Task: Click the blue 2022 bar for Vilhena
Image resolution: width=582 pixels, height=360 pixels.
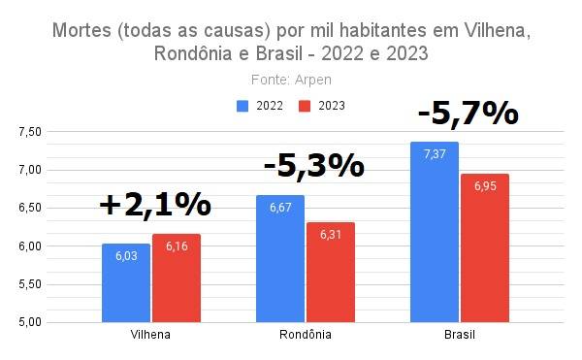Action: (x=126, y=282)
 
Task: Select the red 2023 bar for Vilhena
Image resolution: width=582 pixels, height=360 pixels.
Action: (x=177, y=278)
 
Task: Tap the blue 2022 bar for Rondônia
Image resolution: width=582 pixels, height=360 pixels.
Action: (x=280, y=259)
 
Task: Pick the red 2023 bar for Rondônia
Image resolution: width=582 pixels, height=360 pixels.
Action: (x=331, y=273)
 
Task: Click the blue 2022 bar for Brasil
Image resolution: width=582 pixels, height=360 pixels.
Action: (x=435, y=232)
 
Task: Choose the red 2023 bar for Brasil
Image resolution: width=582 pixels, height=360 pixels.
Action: (x=485, y=247)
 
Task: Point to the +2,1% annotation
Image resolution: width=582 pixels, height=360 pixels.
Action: (x=155, y=205)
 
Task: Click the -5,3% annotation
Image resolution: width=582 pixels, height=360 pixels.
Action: (x=314, y=166)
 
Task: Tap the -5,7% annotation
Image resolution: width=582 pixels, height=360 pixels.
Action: (x=469, y=114)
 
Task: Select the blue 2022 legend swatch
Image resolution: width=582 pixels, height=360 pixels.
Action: (x=242, y=106)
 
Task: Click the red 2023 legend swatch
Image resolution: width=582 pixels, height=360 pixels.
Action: (x=305, y=106)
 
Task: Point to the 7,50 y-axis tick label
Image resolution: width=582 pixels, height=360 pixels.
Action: (x=30, y=132)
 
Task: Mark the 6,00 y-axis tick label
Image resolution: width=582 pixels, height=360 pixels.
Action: (x=30, y=246)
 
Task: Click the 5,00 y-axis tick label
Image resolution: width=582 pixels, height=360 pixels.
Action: (x=30, y=322)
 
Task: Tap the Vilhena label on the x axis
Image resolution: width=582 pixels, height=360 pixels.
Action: (x=150, y=335)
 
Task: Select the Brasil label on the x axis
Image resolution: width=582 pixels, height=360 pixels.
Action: (x=460, y=335)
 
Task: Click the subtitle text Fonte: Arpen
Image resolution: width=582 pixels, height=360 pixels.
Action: (x=291, y=80)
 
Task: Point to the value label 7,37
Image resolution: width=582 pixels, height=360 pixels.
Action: (x=435, y=154)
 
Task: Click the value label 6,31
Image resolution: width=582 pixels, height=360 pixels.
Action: (x=331, y=235)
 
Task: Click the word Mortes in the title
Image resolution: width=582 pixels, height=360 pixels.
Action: (x=81, y=30)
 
